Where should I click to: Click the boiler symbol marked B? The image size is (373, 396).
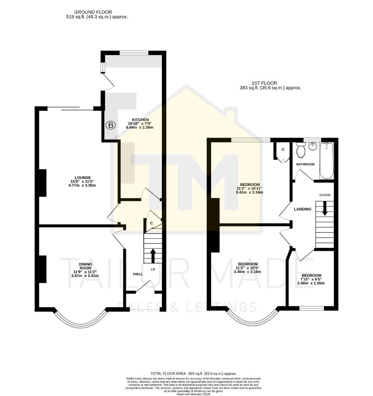[x=110, y=125]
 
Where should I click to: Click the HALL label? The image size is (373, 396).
[x=138, y=274]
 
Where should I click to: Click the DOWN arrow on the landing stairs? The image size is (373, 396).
[x=325, y=208]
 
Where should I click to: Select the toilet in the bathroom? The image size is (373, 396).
[x=301, y=150]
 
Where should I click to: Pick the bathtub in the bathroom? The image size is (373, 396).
[x=327, y=160]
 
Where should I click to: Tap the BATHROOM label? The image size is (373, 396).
[x=306, y=164]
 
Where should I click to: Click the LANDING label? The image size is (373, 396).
[x=303, y=209]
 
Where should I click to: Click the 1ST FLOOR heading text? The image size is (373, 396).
[x=264, y=83]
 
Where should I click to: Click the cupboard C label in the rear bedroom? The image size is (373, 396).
[x=283, y=150]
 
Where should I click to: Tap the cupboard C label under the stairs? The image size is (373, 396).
[x=151, y=223]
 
